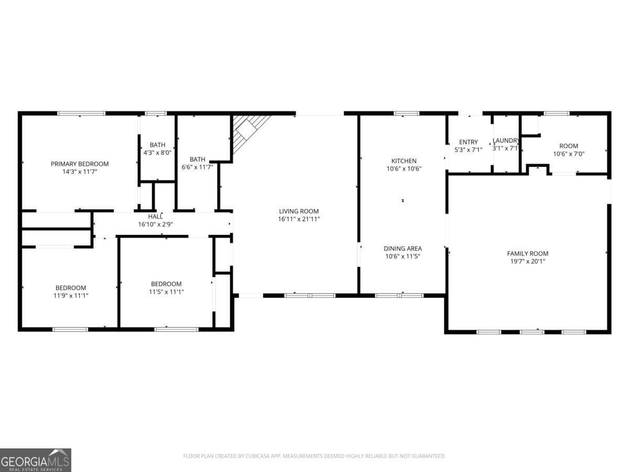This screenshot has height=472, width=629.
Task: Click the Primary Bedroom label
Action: pyautogui.click(x=80, y=164)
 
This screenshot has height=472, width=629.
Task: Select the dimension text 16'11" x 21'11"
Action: pyautogui.click(x=299, y=219)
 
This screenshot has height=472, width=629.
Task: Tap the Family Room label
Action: pyautogui.click(x=528, y=253)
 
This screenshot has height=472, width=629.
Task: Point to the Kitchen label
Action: pyautogui.click(x=404, y=161)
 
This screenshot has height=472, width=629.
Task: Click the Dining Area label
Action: pyautogui.click(x=403, y=249)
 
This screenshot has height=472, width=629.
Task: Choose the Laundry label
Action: pyautogui.click(x=506, y=141)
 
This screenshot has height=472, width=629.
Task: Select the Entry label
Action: pyautogui.click(x=468, y=142)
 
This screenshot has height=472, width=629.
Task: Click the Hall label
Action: pyautogui.click(x=155, y=216)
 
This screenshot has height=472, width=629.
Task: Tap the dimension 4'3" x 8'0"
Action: pyautogui.click(x=157, y=153)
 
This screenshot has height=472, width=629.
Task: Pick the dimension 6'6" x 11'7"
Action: pyautogui.click(x=197, y=167)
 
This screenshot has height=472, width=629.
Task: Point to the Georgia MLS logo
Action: pyautogui.click(x=35, y=460)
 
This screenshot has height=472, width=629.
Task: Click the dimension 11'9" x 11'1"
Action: pyautogui.click(x=71, y=295)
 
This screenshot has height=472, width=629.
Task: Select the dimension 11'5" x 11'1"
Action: pyautogui.click(x=166, y=292)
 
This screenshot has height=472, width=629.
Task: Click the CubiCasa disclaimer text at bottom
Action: pyautogui.click(x=314, y=456)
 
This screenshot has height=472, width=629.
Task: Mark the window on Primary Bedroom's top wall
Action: pyautogui.click(x=81, y=113)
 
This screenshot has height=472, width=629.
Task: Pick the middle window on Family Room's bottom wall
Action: pyautogui.click(x=532, y=331)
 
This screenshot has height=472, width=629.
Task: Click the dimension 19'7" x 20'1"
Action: pyautogui.click(x=528, y=261)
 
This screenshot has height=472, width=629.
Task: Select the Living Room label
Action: pyautogui.click(x=299, y=211)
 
